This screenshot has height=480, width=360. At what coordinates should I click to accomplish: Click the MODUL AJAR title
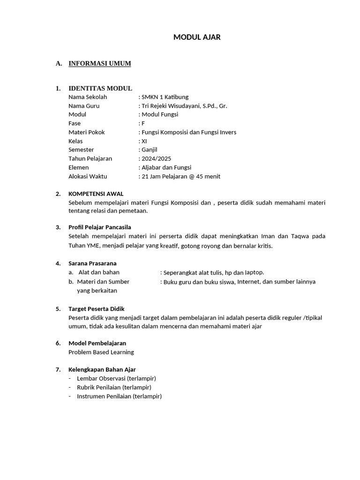197,37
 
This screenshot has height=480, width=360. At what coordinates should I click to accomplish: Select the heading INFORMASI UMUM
100,63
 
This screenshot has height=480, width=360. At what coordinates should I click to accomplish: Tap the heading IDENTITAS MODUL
100,88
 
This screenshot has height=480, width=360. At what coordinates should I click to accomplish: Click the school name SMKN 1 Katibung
165,97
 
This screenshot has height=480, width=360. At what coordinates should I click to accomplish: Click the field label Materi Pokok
87,132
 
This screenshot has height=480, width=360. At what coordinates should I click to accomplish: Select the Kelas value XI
144,141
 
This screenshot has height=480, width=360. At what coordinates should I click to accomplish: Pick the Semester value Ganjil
149,150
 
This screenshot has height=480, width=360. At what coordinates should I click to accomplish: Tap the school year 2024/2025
157,158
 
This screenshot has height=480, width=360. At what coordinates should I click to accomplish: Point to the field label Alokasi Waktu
88,176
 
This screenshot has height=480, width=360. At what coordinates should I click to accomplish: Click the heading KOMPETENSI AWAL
96,194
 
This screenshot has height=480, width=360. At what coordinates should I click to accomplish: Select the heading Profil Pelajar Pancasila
100,227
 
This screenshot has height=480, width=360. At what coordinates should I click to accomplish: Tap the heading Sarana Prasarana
92,263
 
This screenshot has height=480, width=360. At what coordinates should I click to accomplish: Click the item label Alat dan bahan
99,272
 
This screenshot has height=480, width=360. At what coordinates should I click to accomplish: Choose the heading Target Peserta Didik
97,309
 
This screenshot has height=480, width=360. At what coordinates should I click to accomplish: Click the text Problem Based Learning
101,352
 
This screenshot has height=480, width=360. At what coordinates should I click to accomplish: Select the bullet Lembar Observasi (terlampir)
116,378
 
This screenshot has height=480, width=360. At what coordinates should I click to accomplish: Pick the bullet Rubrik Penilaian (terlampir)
114,387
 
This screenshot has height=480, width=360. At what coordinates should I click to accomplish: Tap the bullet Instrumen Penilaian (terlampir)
119,396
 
